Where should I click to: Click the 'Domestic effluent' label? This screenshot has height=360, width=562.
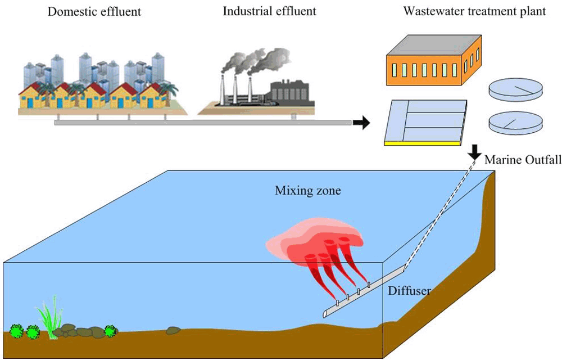click(94, 11)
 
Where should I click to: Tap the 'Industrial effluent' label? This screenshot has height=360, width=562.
click(269, 11)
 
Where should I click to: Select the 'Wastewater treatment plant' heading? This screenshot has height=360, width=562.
click(474, 11)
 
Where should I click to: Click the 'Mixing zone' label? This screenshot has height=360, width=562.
click(307, 191)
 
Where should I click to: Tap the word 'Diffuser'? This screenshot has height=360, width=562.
click(409, 291)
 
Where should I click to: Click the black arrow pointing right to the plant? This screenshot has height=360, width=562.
click(361, 123)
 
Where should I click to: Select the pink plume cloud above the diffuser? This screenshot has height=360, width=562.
click(315, 236)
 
